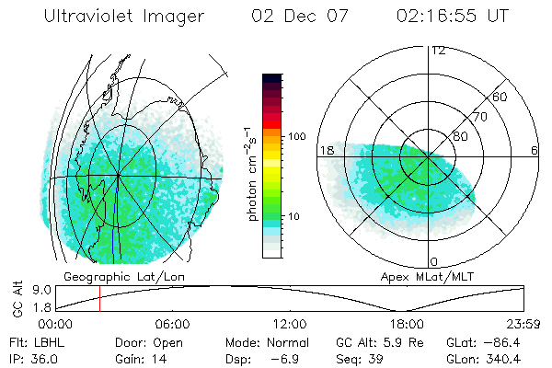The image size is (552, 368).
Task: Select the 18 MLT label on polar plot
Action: pos(325,149)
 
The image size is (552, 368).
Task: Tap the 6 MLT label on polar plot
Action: pos(534,150)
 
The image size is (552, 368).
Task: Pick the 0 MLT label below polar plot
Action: pos(434,261)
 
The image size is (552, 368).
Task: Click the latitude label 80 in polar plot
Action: pos(462,136)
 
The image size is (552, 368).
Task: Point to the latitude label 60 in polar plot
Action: pos(500,97)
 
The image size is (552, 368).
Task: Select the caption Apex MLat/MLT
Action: pos(424,276)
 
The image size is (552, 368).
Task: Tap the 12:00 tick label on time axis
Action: pos(289,324)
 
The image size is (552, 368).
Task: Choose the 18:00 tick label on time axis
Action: pos(407,324)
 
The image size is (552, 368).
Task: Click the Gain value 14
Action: pos(155,359)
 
